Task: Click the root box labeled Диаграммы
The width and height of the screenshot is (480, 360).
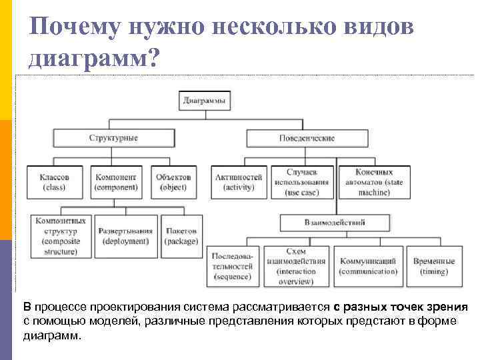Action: (204, 101)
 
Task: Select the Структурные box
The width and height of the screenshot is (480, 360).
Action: (113, 138)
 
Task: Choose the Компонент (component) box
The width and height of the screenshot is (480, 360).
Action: (116, 182)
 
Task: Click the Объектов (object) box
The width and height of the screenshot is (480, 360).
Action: (173, 182)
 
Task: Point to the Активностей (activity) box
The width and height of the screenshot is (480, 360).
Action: (239, 182)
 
